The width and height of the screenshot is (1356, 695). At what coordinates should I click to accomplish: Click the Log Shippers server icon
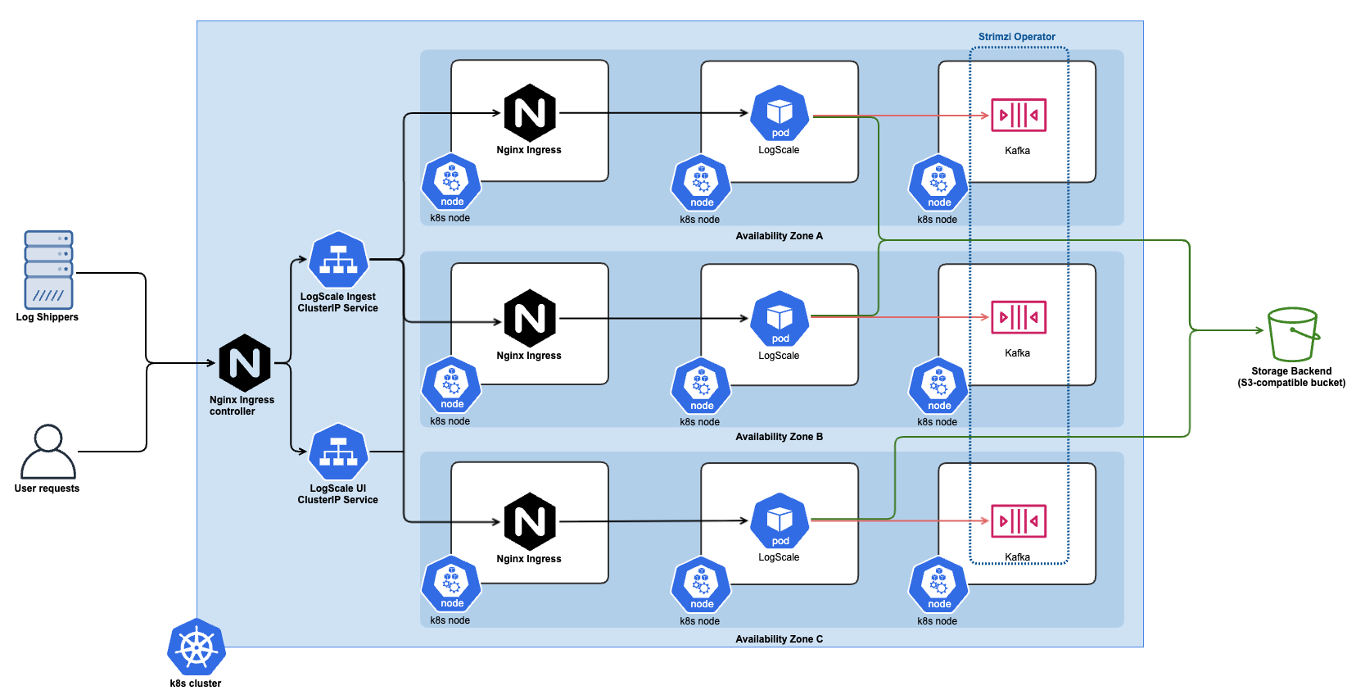point(48,270)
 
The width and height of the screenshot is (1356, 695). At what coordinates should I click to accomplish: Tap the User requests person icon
point(48,451)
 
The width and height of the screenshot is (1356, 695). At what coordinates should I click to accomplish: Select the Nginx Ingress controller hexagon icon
point(245,363)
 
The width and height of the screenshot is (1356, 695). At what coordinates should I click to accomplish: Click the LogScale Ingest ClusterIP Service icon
point(338,261)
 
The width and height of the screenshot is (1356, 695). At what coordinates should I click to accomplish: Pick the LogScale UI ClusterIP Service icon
point(338,452)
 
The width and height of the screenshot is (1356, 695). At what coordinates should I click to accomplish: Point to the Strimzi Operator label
point(1016,37)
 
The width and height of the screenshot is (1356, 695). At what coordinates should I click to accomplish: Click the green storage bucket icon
point(1293,334)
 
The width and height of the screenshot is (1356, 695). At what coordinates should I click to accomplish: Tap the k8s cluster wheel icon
point(197,647)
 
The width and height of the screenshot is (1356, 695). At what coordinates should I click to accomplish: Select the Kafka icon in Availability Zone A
point(1019,115)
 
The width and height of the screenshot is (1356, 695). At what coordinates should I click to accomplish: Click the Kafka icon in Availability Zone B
point(1019,317)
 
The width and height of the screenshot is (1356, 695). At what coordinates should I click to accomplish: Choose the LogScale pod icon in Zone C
point(780,521)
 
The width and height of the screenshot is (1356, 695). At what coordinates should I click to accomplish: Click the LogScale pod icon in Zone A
point(780,113)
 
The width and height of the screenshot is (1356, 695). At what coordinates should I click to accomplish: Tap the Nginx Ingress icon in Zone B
point(530,318)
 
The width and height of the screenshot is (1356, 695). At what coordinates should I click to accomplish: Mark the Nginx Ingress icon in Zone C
point(530,521)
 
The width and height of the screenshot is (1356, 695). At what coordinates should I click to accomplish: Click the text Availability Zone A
point(779,236)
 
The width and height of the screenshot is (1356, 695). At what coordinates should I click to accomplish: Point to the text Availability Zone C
point(779,639)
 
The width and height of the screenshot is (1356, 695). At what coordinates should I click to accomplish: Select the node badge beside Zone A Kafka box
point(938,183)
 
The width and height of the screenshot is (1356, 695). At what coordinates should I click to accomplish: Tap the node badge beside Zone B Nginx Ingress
point(451,385)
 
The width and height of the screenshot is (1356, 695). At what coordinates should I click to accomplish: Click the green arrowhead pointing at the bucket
point(1260,330)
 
